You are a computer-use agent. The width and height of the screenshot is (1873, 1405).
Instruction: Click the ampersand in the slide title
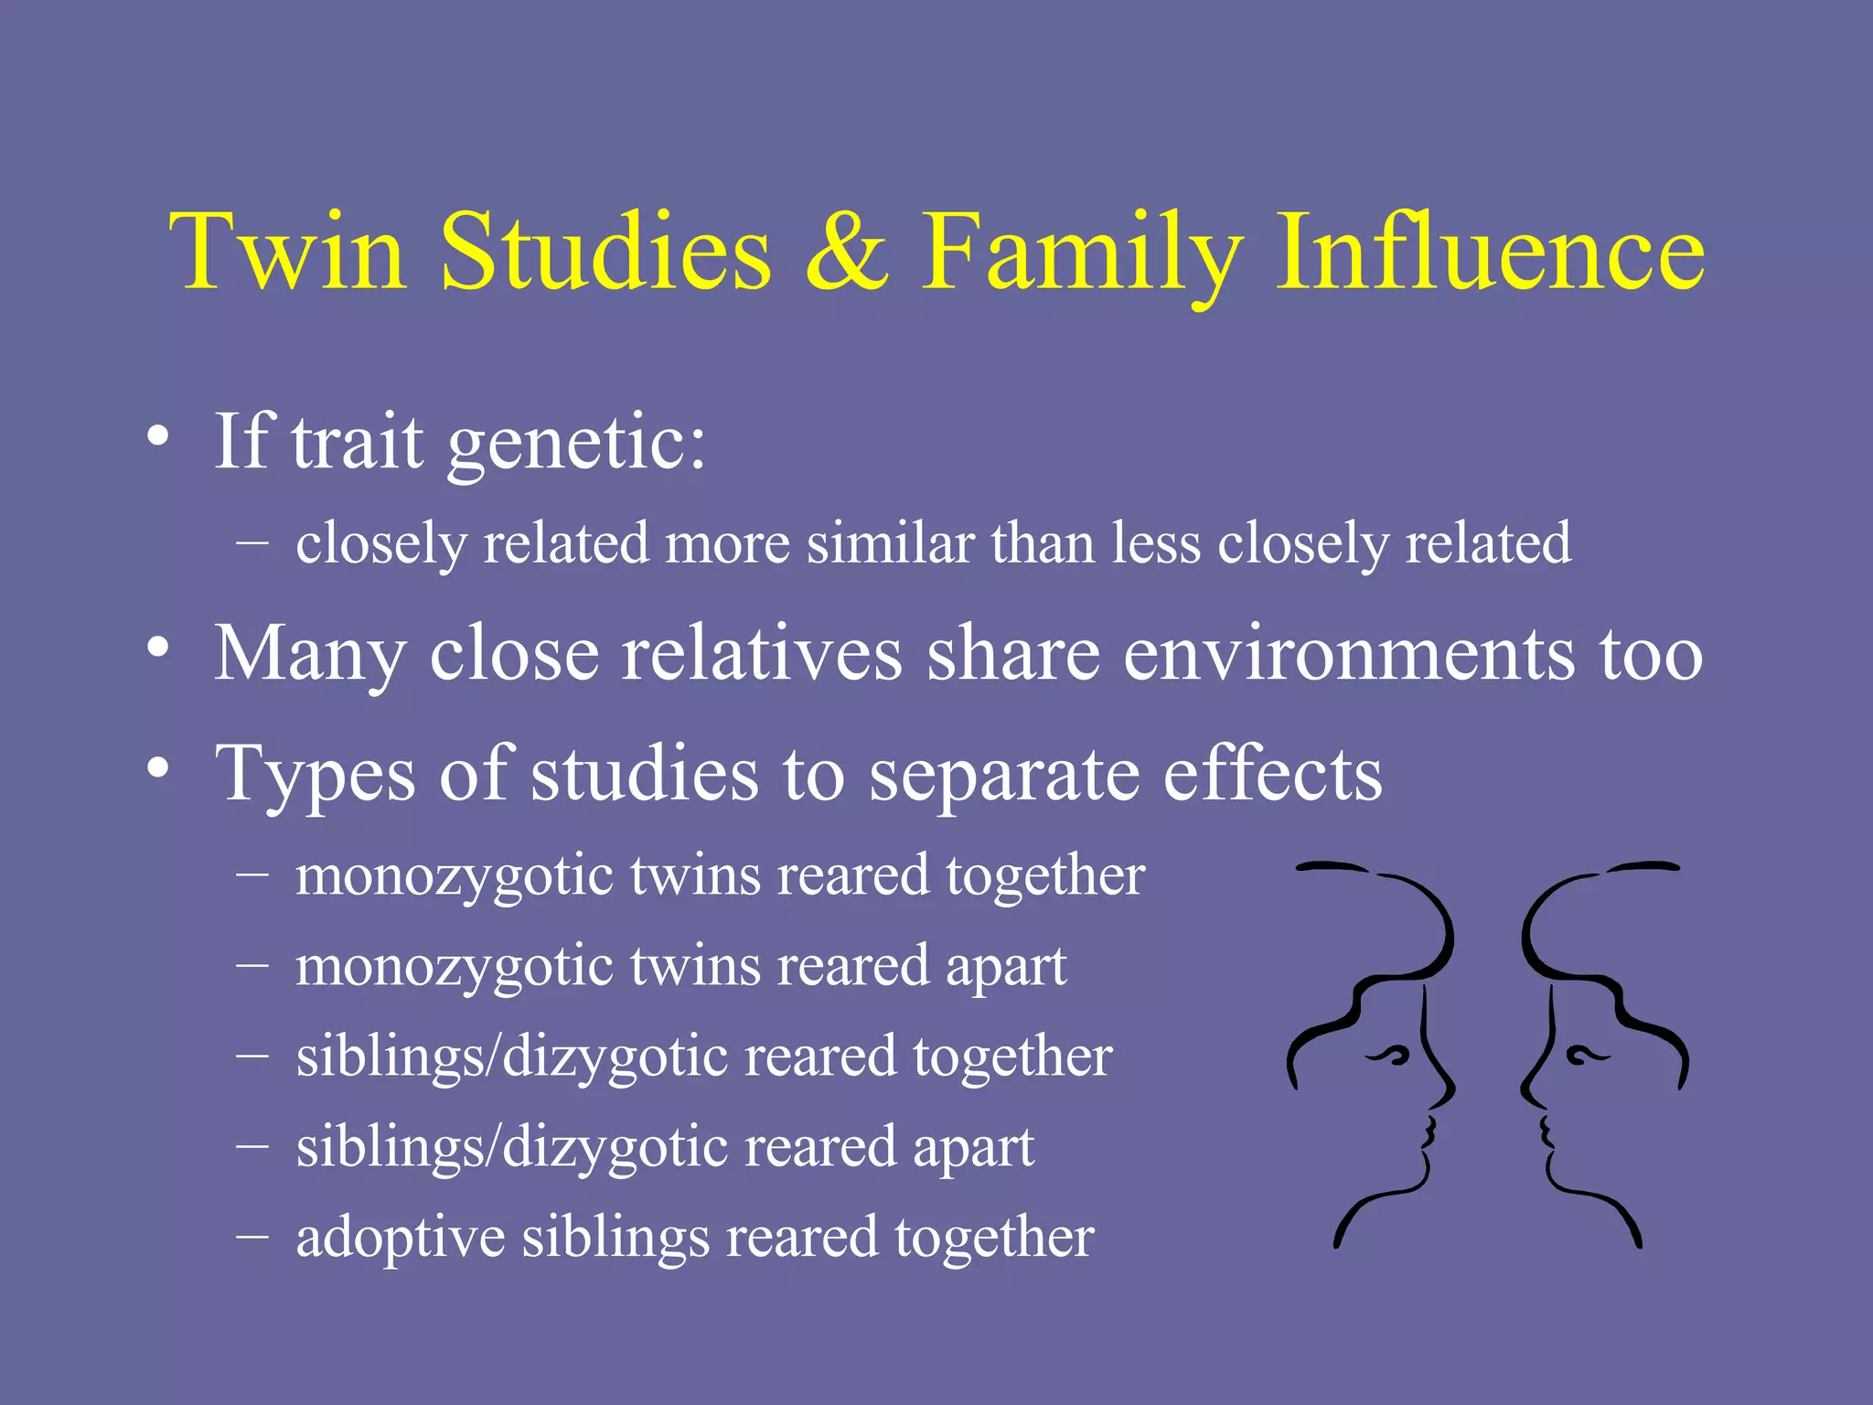tap(847, 252)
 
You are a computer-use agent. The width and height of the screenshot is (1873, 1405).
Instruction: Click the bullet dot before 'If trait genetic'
tap(158, 436)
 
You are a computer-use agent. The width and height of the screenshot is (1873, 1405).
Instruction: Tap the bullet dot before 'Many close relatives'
tap(158, 648)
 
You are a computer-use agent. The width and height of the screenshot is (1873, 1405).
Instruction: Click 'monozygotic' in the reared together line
tap(454, 876)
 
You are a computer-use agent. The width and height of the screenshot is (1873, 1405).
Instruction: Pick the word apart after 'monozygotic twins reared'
tap(1005, 968)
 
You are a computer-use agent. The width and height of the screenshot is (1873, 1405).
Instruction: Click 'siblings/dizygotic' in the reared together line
tap(511, 1057)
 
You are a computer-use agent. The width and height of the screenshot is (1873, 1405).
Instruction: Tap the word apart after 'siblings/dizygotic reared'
tap(973, 1148)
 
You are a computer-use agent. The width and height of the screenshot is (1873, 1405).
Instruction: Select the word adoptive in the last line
tap(400, 1239)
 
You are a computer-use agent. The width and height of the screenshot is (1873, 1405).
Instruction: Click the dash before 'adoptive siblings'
tap(252, 1235)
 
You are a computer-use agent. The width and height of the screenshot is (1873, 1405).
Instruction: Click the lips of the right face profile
tap(1545, 1132)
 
